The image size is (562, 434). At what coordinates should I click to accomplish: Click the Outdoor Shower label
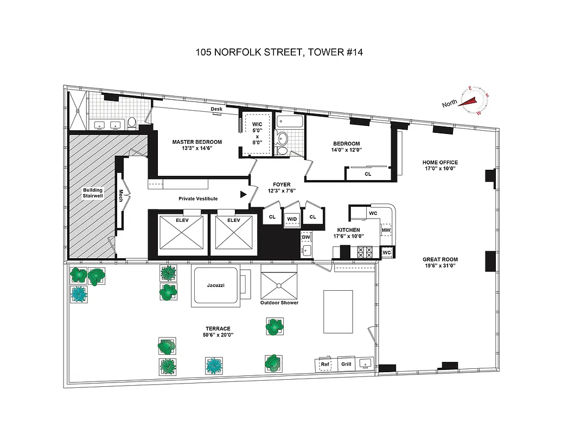click(279, 303)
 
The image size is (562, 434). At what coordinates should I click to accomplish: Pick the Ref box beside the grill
click(325, 364)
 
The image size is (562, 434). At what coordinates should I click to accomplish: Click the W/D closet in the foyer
click(292, 219)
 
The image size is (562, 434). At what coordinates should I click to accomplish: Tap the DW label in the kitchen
click(305, 237)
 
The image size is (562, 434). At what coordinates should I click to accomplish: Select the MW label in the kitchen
click(386, 231)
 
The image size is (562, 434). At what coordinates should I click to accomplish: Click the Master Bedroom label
click(197, 142)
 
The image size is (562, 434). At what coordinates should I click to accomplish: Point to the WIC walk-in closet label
click(257, 125)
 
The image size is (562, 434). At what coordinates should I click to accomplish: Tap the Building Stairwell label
click(93, 193)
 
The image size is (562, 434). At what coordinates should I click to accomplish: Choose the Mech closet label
click(122, 195)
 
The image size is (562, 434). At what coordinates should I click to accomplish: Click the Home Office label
click(440, 162)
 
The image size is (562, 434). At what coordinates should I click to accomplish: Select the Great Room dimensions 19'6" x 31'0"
click(440, 266)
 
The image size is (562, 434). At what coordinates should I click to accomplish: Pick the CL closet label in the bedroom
click(367, 174)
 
